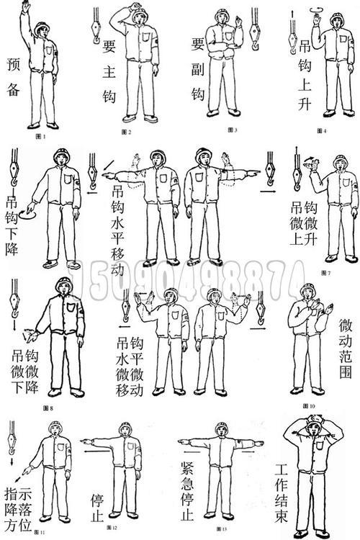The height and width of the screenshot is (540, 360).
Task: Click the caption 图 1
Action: click(x=42, y=135)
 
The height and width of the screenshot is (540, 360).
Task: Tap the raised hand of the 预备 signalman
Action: click(x=25, y=6)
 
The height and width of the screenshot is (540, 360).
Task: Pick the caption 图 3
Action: click(x=232, y=130)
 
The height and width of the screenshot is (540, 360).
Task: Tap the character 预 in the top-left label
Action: click(x=12, y=63)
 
